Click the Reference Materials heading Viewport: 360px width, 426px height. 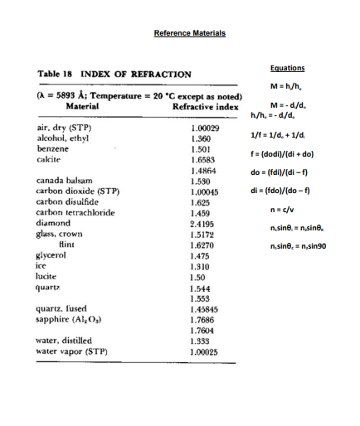(190, 33)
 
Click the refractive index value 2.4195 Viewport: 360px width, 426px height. (205, 223)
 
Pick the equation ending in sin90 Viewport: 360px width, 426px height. (291, 246)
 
